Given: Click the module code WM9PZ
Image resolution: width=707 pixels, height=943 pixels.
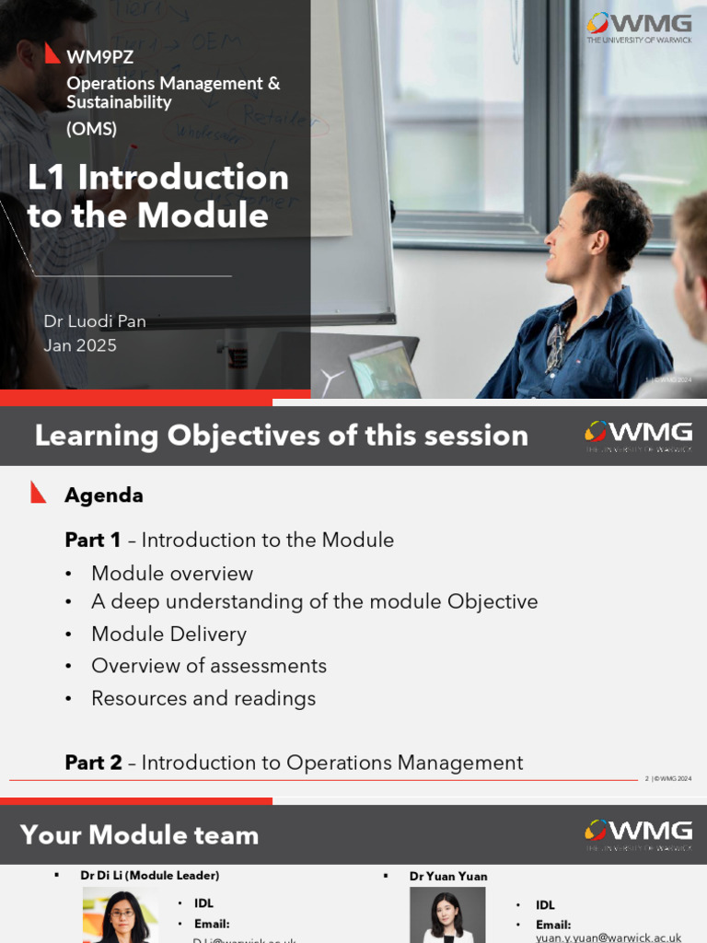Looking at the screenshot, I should point(99,57).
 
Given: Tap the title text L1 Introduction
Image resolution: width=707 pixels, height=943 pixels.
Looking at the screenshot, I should point(158,177).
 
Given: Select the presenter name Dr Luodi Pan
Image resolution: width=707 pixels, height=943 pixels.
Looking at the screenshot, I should point(95,321).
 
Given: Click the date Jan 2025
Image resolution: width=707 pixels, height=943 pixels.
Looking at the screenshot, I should point(80,346).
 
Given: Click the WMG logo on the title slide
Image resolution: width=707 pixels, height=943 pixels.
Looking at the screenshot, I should point(639,26).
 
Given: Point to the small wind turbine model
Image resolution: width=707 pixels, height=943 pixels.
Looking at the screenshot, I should point(332,378).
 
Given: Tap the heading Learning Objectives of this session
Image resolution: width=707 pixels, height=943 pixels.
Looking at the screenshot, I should point(281,436).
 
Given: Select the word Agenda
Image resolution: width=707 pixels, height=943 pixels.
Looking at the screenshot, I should point(103,495).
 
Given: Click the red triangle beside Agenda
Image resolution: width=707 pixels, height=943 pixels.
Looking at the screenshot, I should point(38,493).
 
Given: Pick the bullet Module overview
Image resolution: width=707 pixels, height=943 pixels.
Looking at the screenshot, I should point(171,574).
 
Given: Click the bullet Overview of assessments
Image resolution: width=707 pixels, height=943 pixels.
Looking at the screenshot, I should point(208,666).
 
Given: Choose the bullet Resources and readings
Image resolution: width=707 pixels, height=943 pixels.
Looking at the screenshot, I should point(203,698).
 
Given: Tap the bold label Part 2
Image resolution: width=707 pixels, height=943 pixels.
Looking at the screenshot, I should point(93,763).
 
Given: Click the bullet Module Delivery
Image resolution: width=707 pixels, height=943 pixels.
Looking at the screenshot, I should point(168,634).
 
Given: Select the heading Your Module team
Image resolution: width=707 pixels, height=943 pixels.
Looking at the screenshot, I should point(139,835).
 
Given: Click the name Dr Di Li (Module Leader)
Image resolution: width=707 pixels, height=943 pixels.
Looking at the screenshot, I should point(149,876).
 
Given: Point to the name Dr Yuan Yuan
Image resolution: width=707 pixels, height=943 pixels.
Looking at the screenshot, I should point(448,877).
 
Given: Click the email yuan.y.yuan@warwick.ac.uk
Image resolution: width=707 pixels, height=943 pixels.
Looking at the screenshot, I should point(608,937).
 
